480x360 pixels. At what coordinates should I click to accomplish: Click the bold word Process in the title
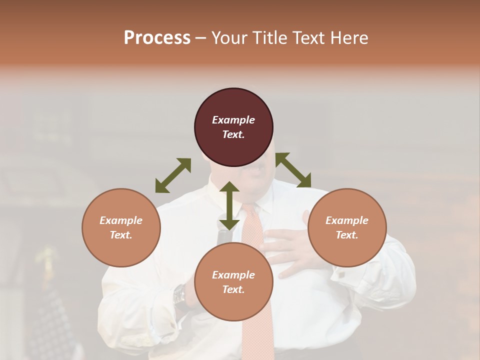157,38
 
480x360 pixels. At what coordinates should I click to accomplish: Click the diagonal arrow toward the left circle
173,175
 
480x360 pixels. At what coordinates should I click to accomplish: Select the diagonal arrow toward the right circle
293,170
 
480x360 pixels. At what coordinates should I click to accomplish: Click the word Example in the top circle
233,120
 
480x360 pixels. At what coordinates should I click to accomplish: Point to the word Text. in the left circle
121,235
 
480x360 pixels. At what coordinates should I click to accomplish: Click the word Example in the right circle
347,220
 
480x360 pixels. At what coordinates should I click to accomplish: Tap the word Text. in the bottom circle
233,289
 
